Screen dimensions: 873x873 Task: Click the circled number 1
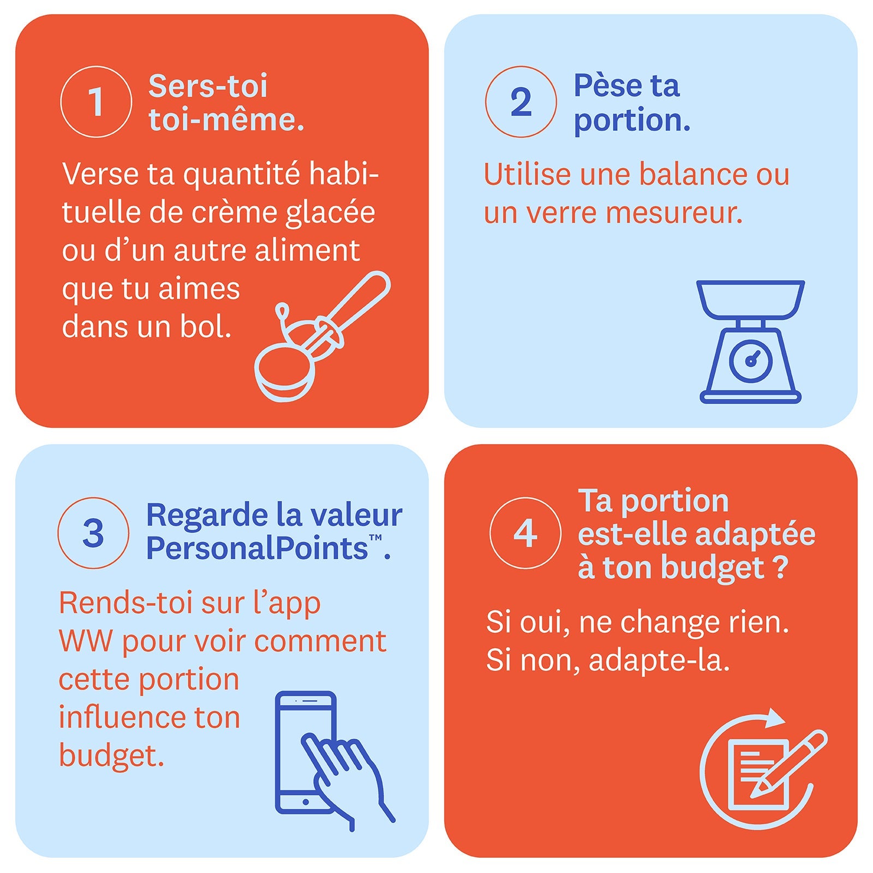coord(96,101)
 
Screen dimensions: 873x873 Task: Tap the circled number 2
coord(521,101)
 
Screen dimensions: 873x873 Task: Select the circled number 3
coord(93,533)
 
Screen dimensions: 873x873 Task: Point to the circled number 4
coord(525,533)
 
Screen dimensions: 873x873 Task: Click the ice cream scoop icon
coord(322,336)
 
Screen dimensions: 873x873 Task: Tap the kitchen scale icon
coord(751,342)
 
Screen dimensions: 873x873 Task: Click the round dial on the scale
coord(751,360)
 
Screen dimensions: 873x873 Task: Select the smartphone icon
coord(306,753)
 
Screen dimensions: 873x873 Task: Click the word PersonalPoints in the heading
coord(257,548)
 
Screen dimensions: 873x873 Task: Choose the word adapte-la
coord(659,660)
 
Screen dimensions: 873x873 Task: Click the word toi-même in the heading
coord(226,119)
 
